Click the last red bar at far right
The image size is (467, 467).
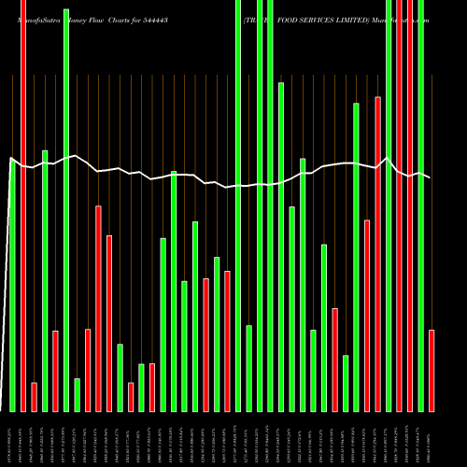(x=432, y=370)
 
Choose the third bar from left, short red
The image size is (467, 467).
(x=34, y=396)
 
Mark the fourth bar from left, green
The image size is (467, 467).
(x=45, y=280)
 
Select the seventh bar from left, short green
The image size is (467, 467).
(x=78, y=394)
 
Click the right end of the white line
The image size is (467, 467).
(x=431, y=177)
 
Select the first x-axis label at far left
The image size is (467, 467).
(x=12, y=439)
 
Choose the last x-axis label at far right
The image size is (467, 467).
(x=432, y=439)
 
